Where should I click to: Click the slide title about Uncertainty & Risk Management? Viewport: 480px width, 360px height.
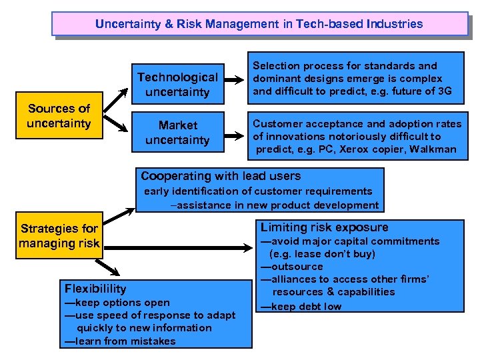(x=259, y=24)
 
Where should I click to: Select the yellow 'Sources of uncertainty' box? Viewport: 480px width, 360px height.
(x=59, y=116)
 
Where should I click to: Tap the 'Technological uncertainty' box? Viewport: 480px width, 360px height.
(x=177, y=85)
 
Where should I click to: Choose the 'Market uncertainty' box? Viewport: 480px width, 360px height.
(x=177, y=133)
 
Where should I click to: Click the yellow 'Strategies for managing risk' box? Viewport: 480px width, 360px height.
(x=59, y=236)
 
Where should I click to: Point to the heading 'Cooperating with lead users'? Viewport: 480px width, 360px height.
(x=221, y=176)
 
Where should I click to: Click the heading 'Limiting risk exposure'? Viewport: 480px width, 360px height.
(x=324, y=227)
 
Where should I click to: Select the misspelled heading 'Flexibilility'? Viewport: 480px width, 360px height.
(x=95, y=288)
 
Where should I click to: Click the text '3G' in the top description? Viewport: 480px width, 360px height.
(x=443, y=91)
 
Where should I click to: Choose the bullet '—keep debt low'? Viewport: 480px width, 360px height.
(x=301, y=307)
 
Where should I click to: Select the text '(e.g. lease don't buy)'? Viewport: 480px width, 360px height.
(x=322, y=254)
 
